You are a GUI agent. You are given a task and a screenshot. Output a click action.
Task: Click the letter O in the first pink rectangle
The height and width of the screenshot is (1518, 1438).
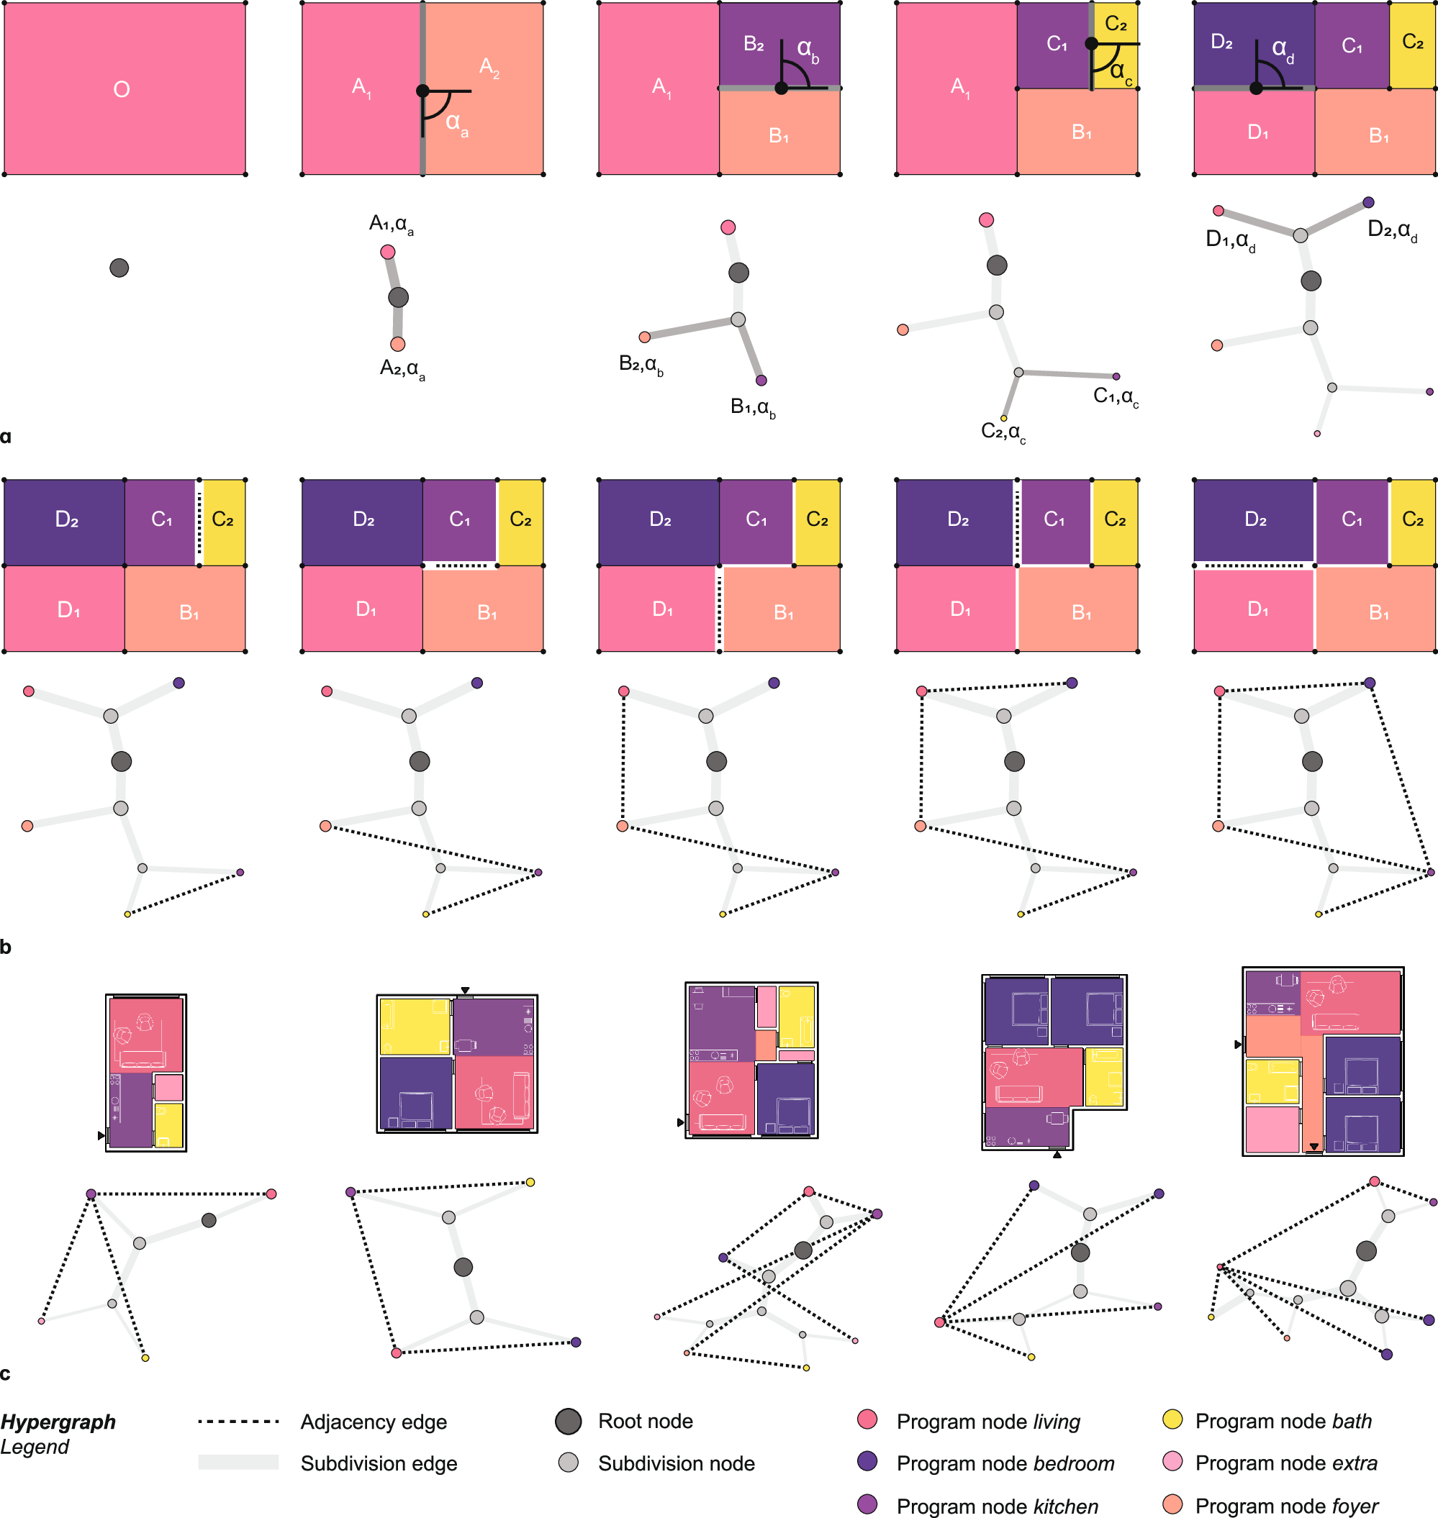point(121,90)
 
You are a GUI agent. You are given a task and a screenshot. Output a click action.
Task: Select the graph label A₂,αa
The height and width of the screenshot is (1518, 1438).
point(402,369)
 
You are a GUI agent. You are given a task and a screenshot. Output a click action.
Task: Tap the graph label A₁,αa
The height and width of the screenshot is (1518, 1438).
point(391,224)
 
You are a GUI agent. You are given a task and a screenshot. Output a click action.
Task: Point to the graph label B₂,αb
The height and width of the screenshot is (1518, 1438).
point(641,364)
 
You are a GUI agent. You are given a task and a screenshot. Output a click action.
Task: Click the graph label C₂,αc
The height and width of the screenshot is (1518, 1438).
point(1003,432)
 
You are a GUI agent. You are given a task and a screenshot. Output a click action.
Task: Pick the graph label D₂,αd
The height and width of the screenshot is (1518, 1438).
point(1392,230)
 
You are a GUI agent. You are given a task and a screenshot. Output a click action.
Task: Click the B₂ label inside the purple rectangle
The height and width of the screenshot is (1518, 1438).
point(754,45)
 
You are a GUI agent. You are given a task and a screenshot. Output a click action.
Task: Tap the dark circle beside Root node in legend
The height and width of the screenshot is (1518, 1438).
point(568,1422)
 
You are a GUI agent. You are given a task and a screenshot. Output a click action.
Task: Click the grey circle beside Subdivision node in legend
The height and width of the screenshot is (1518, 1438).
point(568,1462)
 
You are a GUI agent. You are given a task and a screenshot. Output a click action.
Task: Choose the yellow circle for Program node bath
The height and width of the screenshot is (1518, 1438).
point(1172,1420)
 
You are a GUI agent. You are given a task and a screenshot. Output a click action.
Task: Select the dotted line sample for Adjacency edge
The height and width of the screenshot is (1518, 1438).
point(238,1422)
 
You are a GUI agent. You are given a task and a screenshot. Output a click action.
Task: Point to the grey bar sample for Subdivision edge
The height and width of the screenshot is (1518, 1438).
point(238,1462)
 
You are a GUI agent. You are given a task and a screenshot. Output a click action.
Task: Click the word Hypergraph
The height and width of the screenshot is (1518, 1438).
point(58,1422)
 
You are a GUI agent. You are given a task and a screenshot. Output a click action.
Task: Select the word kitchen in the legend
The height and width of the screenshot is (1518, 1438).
point(1065,1506)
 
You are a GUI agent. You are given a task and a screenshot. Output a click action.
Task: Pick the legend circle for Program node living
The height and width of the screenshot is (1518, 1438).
point(867,1420)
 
